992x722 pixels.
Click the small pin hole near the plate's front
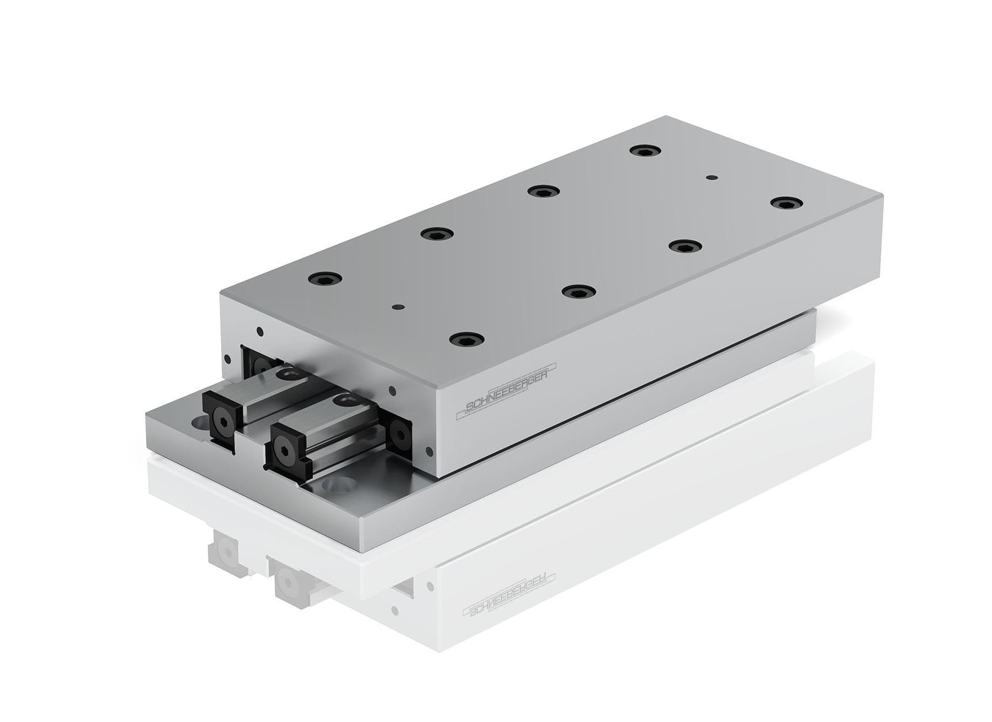coord(396,307)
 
